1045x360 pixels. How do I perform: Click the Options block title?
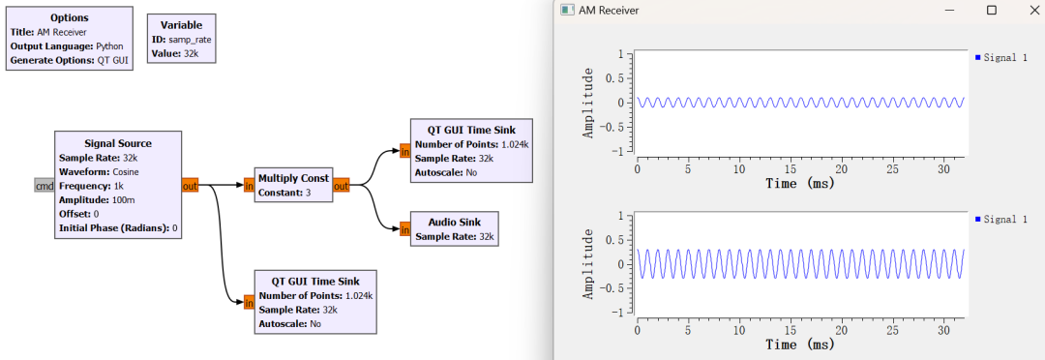[70, 17]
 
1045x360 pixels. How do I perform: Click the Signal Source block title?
[118, 143]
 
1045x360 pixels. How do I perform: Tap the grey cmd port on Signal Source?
[44, 186]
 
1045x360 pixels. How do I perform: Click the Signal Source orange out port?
[190, 186]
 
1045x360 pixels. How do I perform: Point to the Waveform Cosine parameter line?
[99, 171]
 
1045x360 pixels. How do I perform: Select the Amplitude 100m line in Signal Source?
[96, 200]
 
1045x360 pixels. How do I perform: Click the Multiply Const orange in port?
[250, 186]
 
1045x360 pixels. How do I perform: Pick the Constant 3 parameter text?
[285, 193]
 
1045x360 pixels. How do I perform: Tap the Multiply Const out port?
[342, 186]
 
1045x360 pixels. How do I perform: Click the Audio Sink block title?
[455, 222]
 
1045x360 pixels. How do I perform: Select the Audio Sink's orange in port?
[405, 229]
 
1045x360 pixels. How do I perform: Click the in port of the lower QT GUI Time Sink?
[250, 303]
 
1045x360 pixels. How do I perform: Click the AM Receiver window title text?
[609, 10]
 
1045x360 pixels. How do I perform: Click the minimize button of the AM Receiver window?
[950, 10]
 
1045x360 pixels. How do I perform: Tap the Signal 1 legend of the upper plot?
[1001, 58]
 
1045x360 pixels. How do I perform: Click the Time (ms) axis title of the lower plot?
[800, 345]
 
